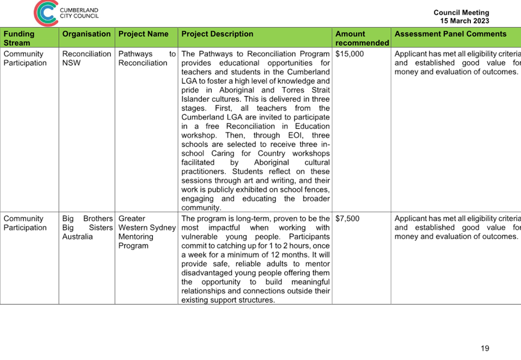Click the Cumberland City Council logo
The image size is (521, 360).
pos(66,13)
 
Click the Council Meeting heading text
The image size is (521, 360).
pos(461,13)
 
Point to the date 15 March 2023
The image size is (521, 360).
pos(464,21)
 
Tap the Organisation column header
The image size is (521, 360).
pos(87,34)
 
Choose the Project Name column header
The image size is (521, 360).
pos(143,34)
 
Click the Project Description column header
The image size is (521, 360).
pos(217,34)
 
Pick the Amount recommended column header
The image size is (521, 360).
pos(362,38)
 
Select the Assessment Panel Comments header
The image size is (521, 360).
pos(450,34)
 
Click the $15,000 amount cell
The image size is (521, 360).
pos(350,54)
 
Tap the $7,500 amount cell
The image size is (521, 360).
pos(347,219)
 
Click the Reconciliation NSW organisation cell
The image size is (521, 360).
pos(87,58)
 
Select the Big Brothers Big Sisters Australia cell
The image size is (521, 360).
pos(88,228)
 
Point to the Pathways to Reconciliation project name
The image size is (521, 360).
pos(147,58)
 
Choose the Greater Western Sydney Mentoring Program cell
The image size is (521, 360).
pos(147,232)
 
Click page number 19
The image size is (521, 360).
pos(485,349)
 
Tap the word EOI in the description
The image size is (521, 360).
pos(296,135)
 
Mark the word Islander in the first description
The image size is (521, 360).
pos(195,99)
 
